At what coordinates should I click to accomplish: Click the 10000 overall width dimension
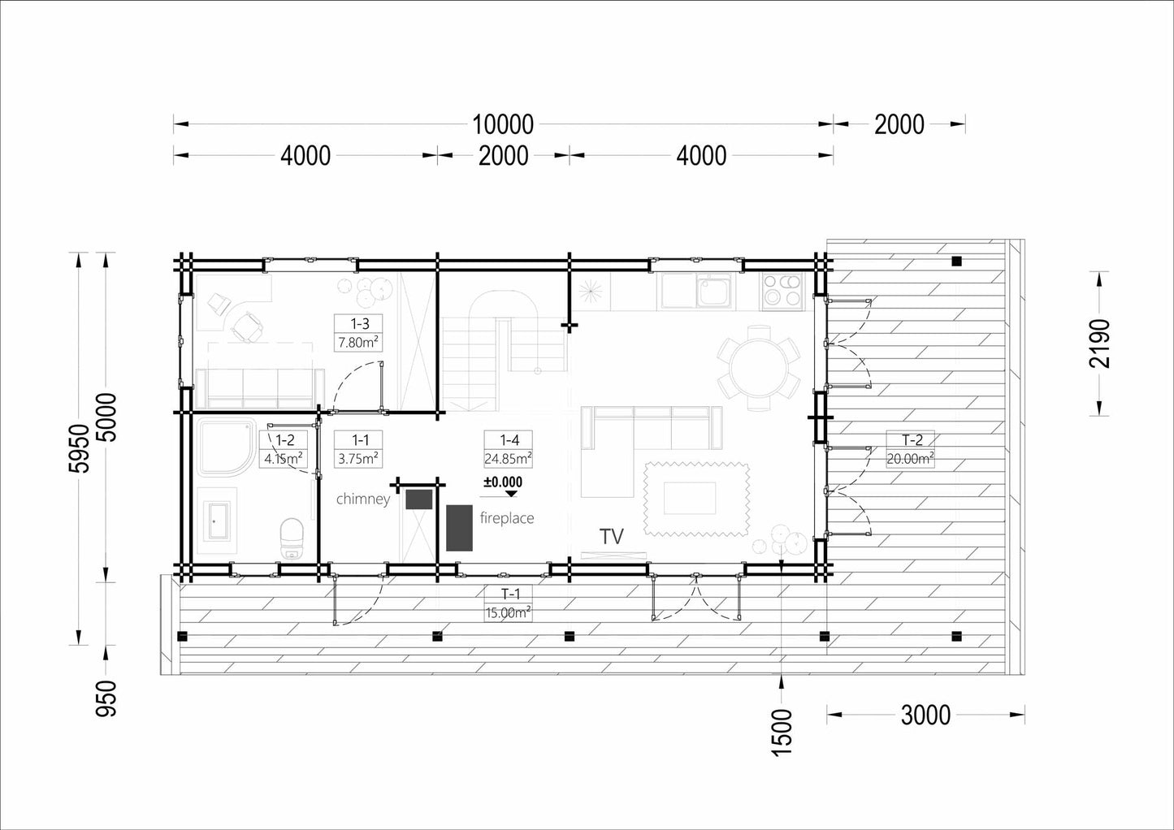[x=503, y=125]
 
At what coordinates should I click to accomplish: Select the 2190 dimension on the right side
[x=1099, y=344]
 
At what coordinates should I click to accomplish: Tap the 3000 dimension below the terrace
[x=925, y=715]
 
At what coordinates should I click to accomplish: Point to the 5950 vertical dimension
[x=80, y=448]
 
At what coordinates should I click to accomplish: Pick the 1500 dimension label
[x=781, y=733]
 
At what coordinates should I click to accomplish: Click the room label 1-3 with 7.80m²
[x=359, y=333]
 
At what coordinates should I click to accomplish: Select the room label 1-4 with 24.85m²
[x=509, y=449]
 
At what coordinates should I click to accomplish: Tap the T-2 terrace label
[x=911, y=449]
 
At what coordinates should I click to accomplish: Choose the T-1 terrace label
[x=509, y=603]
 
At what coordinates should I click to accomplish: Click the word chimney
[x=363, y=499]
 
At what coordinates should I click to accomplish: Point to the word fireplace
[x=507, y=518]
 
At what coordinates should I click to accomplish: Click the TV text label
[x=612, y=537]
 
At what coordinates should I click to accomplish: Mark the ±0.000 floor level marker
[x=503, y=486]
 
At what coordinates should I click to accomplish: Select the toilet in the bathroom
[x=292, y=538]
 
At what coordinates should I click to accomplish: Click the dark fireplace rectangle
[x=459, y=528]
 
